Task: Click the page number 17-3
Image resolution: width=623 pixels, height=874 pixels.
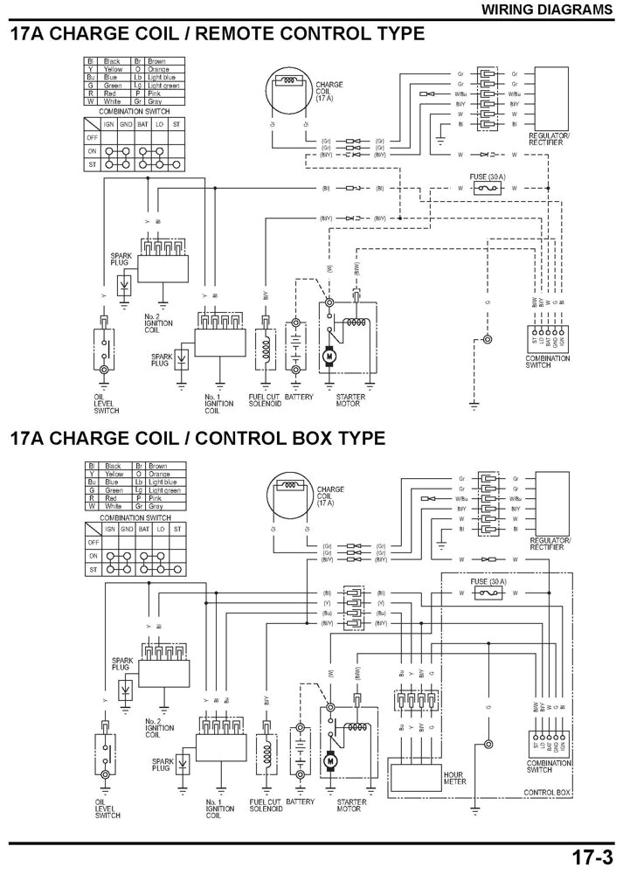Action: [x=594, y=855]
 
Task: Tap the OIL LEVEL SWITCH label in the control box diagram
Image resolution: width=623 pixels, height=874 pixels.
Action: [x=106, y=808]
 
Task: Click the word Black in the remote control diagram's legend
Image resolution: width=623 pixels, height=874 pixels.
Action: [x=112, y=60]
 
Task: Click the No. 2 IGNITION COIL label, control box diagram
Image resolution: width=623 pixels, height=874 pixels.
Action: [x=158, y=725]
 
